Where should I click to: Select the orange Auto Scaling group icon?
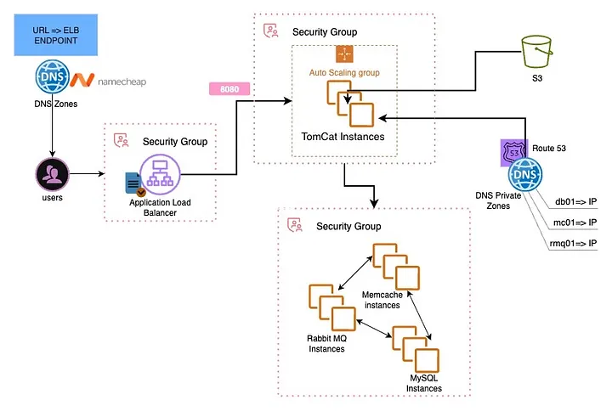coord(344,54)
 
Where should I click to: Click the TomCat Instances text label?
coord(343,136)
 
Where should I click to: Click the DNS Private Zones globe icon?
coord(525,177)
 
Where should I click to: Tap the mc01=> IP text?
coord(576,222)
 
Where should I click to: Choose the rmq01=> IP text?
coord(574,244)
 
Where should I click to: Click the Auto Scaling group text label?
coord(344,73)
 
